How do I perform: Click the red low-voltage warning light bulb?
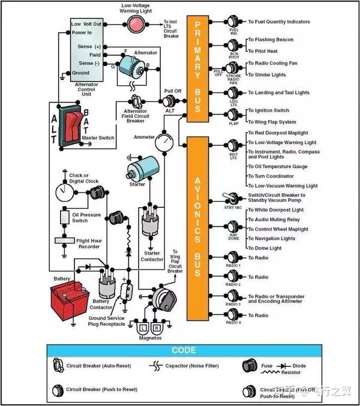(137, 24)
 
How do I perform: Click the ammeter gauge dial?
(163, 142)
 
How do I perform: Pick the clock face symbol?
(63, 192)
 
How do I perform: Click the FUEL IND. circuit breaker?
(234, 23)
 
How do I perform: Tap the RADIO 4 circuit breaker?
(233, 315)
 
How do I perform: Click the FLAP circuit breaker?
(233, 115)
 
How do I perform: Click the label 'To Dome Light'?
(265, 248)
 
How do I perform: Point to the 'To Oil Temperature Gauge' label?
(278, 166)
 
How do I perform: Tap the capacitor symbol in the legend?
(158, 365)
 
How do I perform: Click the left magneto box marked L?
(142, 329)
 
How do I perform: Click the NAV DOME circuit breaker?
(233, 229)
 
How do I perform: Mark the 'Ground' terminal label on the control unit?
(81, 73)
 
